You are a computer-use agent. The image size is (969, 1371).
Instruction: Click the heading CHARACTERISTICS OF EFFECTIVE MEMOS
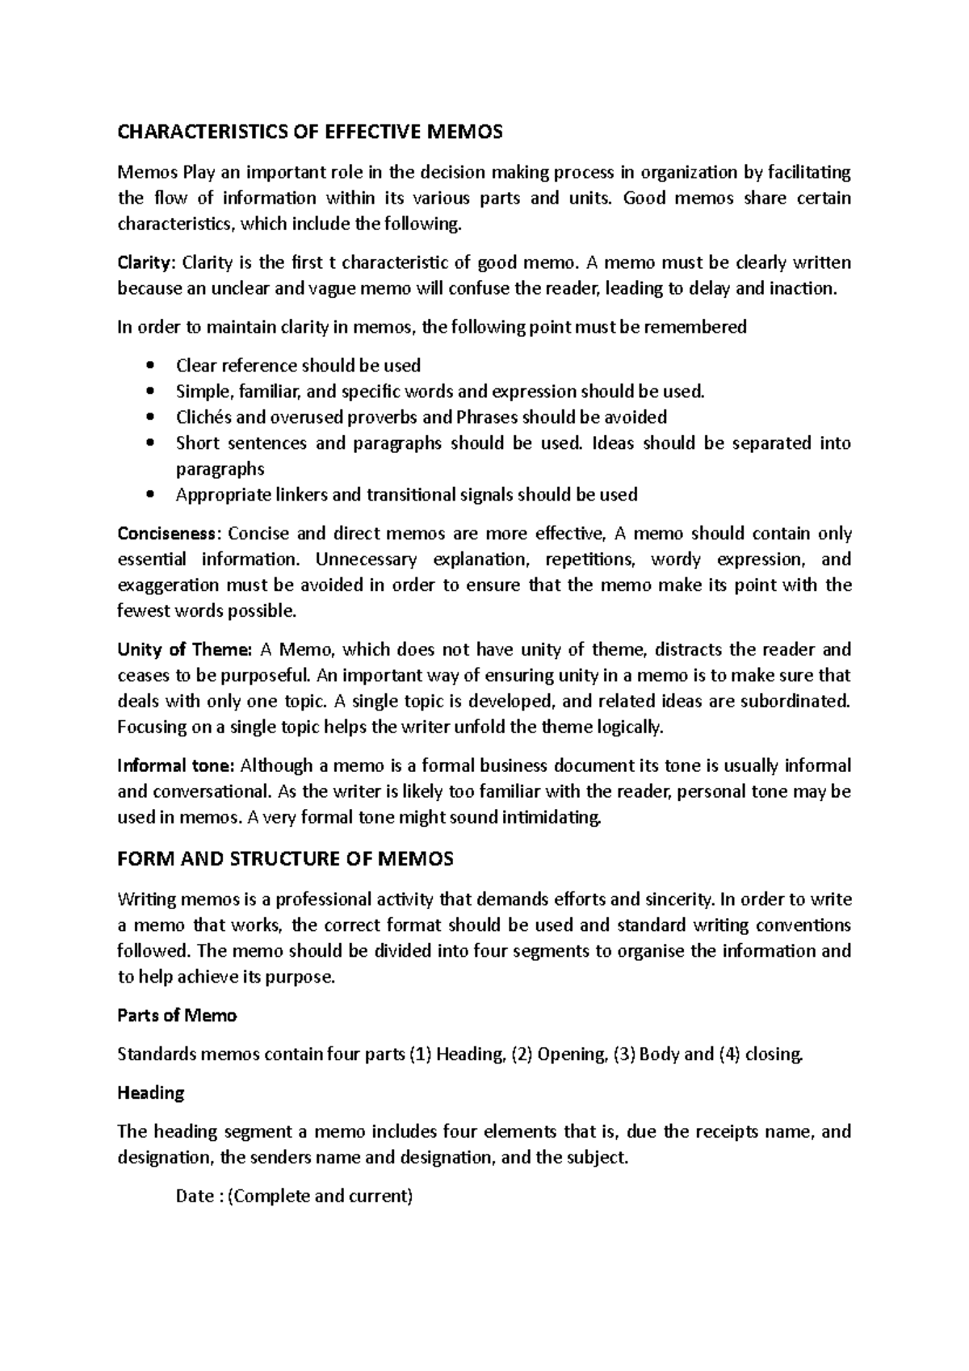click(310, 132)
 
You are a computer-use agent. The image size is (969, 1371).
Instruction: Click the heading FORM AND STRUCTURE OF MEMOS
click(285, 858)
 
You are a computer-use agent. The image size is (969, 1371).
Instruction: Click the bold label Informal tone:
click(176, 765)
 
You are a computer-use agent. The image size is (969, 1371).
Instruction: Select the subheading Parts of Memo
click(177, 1015)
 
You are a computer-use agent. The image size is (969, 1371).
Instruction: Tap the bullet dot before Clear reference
click(149, 366)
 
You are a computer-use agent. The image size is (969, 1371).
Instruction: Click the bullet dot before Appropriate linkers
click(149, 495)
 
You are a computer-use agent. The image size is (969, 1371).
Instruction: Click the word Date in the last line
click(194, 1196)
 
